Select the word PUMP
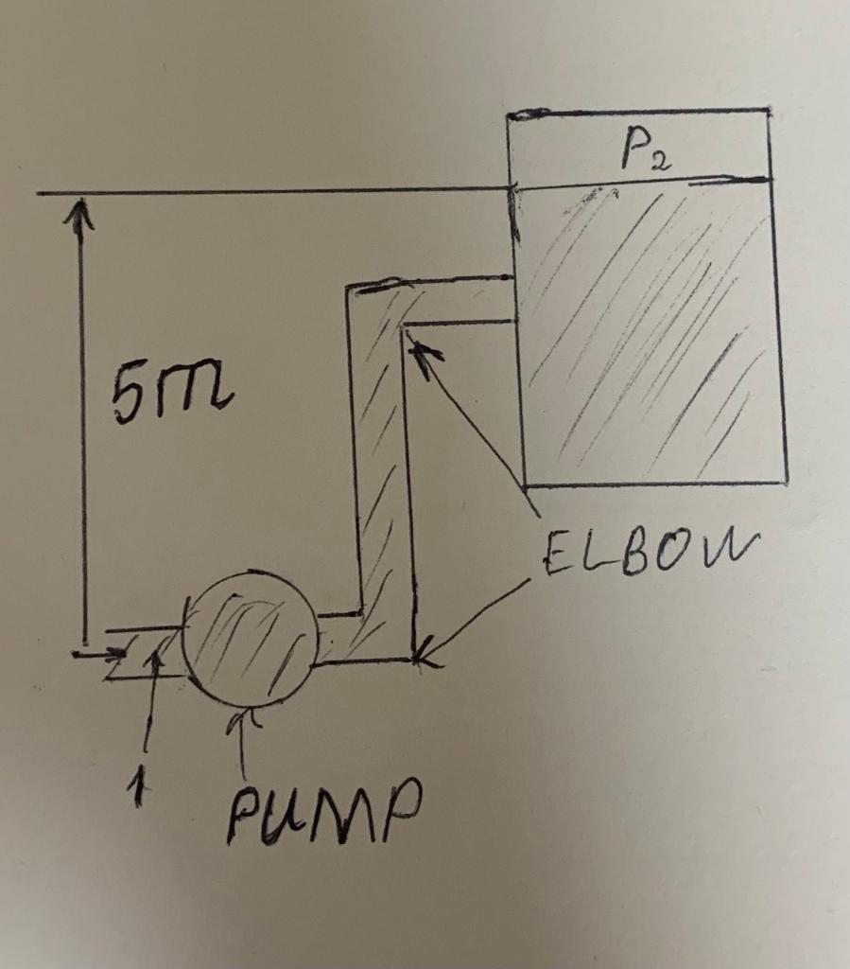(x=321, y=815)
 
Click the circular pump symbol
(x=250, y=639)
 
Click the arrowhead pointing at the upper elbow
(x=420, y=352)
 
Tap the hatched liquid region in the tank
(x=652, y=331)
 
